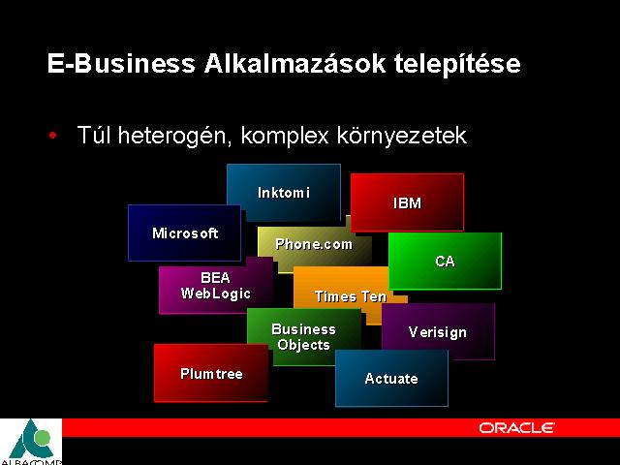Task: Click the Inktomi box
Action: (284, 193)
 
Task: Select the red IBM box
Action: (407, 202)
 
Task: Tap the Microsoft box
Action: (185, 232)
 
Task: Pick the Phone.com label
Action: (314, 244)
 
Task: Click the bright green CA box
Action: (446, 261)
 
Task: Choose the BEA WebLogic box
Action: (216, 286)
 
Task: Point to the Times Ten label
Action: (351, 296)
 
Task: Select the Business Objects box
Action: (304, 337)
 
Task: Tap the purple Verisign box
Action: (438, 331)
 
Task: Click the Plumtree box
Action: (211, 373)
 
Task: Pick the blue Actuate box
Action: (391, 379)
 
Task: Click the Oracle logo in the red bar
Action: (516, 428)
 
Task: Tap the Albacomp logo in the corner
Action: (31, 442)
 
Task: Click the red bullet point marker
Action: (52, 136)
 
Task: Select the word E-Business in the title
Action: (121, 64)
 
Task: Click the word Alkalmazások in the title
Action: (294, 63)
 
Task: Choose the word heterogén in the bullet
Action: (174, 136)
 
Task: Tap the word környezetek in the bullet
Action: (402, 136)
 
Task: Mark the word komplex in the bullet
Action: (285, 136)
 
